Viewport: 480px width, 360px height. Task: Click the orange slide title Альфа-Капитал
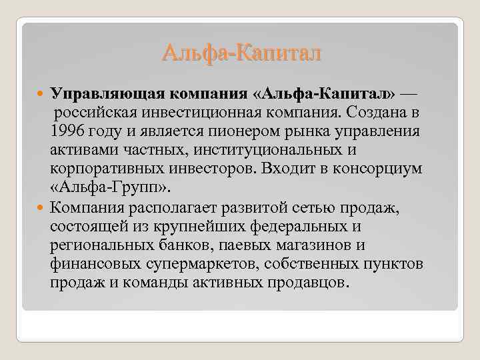tap(241, 51)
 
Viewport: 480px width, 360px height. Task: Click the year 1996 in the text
tap(67, 129)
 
